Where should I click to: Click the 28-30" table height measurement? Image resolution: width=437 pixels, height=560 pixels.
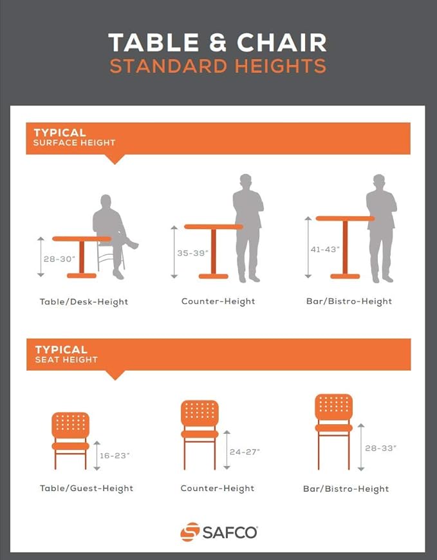pos(60,259)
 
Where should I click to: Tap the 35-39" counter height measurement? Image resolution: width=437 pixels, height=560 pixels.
pos(193,253)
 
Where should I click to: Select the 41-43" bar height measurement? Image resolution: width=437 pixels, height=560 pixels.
pos(325,249)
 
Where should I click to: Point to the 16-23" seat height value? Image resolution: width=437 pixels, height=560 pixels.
pos(115,455)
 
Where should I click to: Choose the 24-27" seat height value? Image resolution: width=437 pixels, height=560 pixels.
pos(245,452)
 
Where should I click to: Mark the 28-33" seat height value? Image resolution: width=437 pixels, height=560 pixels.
pos(380,448)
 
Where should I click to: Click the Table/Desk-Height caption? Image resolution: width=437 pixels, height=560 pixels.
pos(84,302)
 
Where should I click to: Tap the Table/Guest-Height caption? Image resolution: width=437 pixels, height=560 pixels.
pos(86,488)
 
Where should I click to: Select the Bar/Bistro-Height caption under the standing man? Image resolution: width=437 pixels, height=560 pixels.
pos(349,301)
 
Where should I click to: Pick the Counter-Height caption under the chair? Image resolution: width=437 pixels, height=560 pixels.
pos(218,488)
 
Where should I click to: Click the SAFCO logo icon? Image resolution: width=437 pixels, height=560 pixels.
pos(190,532)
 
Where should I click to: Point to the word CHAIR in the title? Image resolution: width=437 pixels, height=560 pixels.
pos(281,42)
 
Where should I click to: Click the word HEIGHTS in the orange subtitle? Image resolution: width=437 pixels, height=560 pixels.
pos(280,66)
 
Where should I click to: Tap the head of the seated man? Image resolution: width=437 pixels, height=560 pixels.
pos(106,201)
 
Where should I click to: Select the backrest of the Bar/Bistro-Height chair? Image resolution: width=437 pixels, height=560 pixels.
pos(334,406)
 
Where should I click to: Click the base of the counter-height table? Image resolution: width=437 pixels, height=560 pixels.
pos(214,276)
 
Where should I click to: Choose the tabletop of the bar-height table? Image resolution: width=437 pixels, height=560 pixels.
pos(345,218)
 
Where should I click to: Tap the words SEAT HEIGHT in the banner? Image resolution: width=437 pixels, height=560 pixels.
pos(66,360)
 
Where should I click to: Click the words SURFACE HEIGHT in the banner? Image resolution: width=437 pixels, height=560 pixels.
pos(74,142)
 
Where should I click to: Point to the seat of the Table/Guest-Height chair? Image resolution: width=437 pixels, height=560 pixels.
pos(71,446)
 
